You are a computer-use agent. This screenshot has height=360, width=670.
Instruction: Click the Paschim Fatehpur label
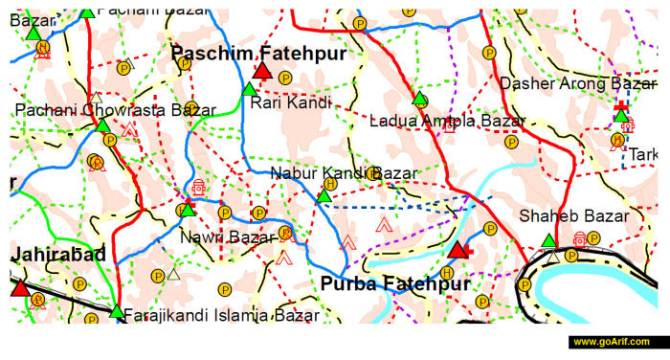pos(258,55)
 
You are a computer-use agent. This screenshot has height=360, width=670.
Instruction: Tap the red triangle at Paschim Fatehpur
pos(261,72)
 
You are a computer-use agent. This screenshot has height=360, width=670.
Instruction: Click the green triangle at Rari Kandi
pos(249,90)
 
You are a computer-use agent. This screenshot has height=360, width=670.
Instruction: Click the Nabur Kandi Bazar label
pos(344,173)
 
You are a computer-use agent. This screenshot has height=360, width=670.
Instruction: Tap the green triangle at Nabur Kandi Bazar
pos(324,197)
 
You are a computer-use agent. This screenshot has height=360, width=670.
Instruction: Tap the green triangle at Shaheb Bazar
pos(548,241)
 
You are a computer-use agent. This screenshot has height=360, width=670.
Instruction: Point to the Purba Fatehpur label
pos(395,283)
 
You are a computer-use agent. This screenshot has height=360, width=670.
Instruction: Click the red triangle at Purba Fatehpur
pos(458,251)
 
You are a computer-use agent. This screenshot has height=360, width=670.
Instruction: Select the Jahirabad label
pos(58,255)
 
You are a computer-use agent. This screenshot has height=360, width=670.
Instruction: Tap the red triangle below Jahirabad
pos(20,287)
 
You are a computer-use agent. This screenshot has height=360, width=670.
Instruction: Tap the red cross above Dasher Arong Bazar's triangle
pos(623,104)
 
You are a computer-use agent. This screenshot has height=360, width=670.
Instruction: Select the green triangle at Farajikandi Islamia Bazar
pos(117,312)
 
